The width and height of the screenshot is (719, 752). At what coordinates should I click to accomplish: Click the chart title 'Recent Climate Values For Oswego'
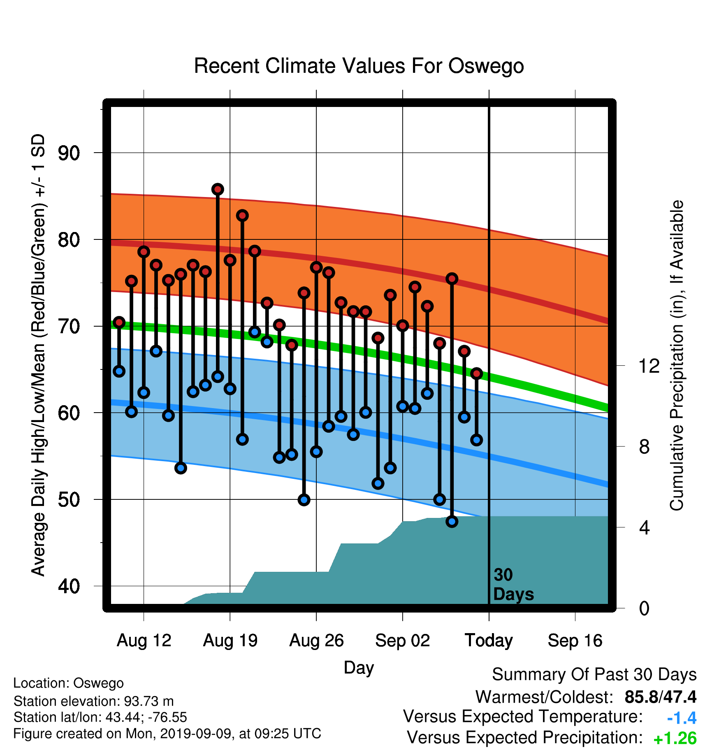pos(359,66)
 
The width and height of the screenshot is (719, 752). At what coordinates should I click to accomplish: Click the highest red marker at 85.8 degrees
pos(218,189)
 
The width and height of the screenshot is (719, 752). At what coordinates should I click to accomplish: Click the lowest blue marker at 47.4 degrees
pos(452,522)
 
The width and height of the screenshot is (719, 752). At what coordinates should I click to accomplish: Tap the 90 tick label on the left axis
pos(69,153)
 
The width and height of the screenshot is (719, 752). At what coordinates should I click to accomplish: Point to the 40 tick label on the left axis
pos(69,586)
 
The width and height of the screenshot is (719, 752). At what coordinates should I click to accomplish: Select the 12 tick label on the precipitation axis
pos(649,366)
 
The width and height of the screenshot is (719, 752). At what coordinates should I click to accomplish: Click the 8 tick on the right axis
pos(645,446)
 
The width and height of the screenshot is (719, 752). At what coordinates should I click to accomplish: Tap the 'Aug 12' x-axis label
pos(144,641)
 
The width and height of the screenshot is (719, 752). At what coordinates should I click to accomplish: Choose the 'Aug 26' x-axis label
pos(316,641)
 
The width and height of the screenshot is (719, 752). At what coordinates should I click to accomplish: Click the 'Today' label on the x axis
pos(489,641)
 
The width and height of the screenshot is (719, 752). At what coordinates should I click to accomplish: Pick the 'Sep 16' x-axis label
pos(575,641)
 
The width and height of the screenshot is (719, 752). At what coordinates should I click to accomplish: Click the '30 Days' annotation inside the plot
pos(513,585)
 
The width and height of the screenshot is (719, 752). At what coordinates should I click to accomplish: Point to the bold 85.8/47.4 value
pos(661,697)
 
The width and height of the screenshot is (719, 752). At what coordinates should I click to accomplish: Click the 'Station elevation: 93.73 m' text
pos(94,701)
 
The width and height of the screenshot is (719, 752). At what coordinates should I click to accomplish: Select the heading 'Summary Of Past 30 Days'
pos(594,675)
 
